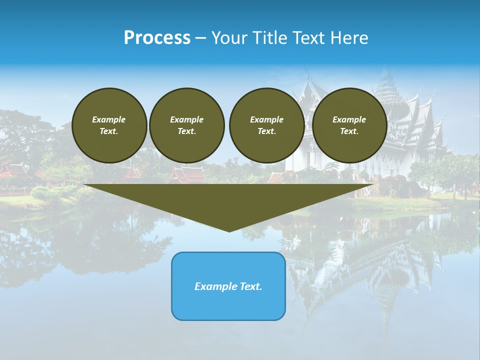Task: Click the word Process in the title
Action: pos(157,38)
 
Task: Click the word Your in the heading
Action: pos(230,38)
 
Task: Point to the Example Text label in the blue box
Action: pos(228,286)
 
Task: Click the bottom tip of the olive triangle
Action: pos(229,230)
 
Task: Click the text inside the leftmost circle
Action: pos(109,125)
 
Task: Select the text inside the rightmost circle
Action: pos(349,125)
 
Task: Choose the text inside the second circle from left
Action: pos(187,125)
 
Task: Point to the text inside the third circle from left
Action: pos(266,125)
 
